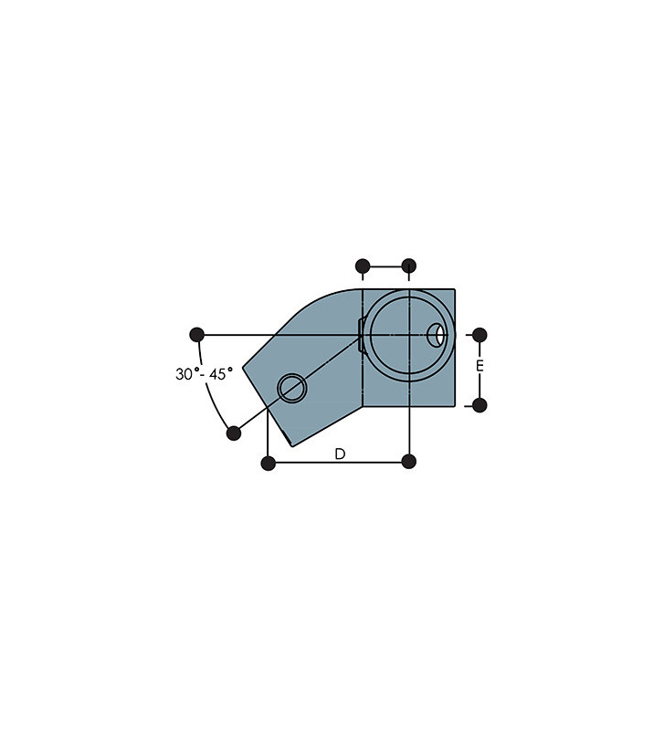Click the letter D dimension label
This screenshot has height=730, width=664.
pyautogui.click(x=340, y=454)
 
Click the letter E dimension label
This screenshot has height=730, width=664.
pyautogui.click(x=480, y=366)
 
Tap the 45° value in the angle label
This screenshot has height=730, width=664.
pyautogui.click(x=221, y=373)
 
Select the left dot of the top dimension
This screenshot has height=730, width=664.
pyautogui.click(x=363, y=266)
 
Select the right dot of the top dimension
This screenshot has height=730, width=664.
pyautogui.click(x=408, y=266)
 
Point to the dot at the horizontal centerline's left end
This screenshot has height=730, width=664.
pyautogui.click(x=197, y=335)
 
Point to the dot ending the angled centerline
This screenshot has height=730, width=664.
pyautogui.click(x=234, y=433)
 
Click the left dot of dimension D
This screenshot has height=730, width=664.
pyautogui.click(x=269, y=464)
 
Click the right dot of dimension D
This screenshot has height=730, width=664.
pyautogui.click(x=408, y=462)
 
